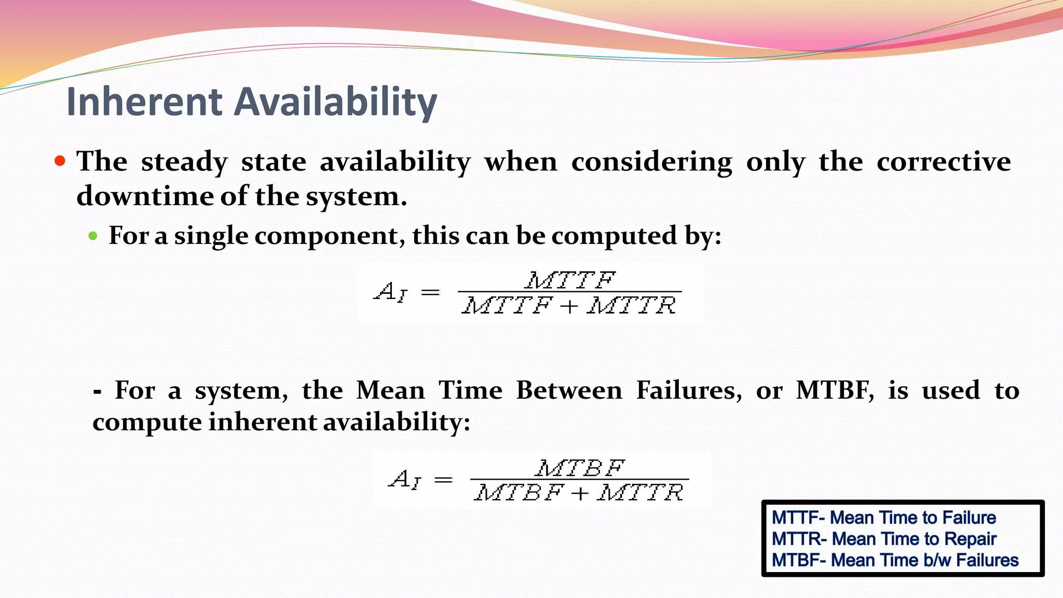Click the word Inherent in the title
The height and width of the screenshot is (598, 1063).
click(144, 102)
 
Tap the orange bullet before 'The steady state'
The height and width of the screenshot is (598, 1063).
click(60, 160)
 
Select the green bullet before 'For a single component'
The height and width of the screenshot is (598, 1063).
click(93, 236)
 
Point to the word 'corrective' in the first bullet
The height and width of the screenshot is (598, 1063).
click(944, 161)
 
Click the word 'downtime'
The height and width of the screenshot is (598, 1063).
click(144, 196)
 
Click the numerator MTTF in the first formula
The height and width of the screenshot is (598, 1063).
click(570, 280)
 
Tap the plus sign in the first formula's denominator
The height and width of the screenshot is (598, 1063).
click(569, 306)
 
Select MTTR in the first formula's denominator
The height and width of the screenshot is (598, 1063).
click(631, 305)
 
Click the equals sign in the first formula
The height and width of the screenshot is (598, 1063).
click(430, 293)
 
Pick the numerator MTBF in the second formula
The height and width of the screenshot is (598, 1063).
click(579, 468)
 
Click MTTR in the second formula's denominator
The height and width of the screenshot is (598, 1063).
click(640, 492)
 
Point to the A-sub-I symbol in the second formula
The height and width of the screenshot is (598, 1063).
click(405, 479)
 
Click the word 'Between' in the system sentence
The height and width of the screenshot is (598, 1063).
click(569, 390)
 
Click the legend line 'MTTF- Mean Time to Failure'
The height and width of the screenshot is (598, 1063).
click(883, 518)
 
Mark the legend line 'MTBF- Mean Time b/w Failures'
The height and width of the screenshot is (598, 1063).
click(895, 560)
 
